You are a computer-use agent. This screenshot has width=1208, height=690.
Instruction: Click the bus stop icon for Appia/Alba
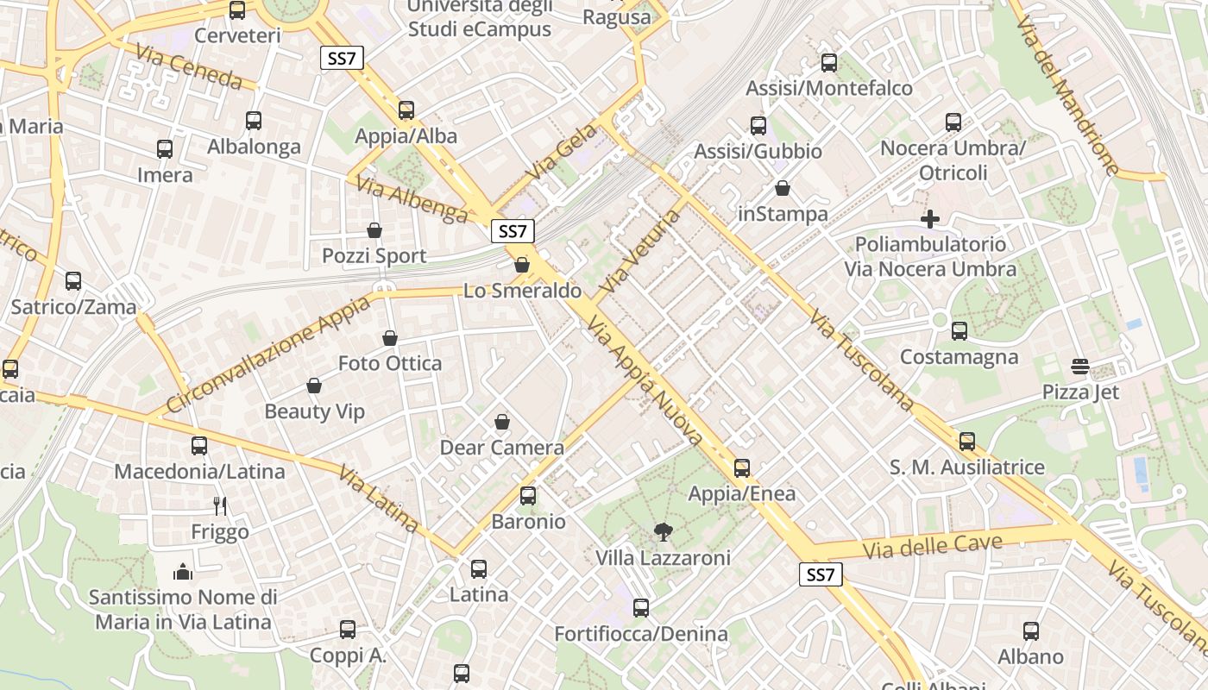406,110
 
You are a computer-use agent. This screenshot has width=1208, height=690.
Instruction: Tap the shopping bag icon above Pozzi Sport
374,230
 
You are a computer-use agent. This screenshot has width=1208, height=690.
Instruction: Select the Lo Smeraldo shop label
523,291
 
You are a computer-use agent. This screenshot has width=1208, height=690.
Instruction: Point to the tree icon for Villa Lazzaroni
663,531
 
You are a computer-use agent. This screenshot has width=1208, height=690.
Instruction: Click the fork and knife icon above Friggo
220,505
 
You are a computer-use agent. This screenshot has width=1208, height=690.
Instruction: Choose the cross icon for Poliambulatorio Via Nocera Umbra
929,219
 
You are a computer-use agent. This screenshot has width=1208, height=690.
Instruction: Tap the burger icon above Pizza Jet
1079,367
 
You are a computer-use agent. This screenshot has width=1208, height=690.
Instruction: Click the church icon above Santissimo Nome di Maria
183,571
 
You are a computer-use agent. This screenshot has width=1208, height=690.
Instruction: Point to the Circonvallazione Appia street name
268,352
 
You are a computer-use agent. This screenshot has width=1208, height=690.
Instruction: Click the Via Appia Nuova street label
645,380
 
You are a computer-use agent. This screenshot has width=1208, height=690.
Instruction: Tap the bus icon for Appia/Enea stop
742,468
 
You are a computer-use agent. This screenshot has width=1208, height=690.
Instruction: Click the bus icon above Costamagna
959,331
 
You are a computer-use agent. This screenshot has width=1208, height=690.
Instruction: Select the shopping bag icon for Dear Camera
502,422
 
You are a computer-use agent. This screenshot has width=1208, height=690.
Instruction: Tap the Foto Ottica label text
390,363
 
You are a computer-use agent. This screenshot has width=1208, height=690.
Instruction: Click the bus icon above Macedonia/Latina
199,446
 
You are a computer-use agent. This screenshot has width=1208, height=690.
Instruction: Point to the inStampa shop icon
783,188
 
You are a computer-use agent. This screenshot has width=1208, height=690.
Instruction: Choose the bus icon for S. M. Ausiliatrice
967,442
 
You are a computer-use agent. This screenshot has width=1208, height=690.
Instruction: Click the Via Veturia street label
642,250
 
